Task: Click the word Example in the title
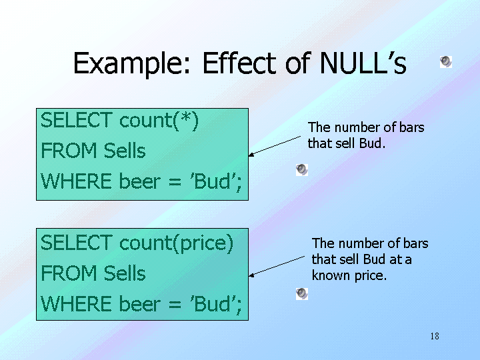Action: click(x=131, y=64)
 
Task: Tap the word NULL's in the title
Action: click(x=363, y=63)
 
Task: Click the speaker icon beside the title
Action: click(x=446, y=62)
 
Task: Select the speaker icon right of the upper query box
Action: click(x=302, y=170)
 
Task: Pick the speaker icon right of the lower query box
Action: click(x=302, y=294)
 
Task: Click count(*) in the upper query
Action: click(x=159, y=121)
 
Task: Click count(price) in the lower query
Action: click(x=176, y=244)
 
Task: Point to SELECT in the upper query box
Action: click(x=77, y=120)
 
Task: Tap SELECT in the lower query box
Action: click(x=77, y=243)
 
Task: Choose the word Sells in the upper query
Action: click(x=125, y=151)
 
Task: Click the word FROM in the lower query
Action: click(x=69, y=273)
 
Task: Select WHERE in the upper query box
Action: click(x=76, y=181)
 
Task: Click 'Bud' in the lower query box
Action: click(x=213, y=303)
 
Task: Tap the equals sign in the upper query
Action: click(x=175, y=183)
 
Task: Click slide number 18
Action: click(x=435, y=336)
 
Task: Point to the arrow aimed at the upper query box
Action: click(x=275, y=146)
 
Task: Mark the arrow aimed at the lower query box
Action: click(x=277, y=267)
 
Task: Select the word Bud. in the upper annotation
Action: click(x=372, y=143)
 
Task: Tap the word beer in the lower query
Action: click(x=139, y=304)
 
